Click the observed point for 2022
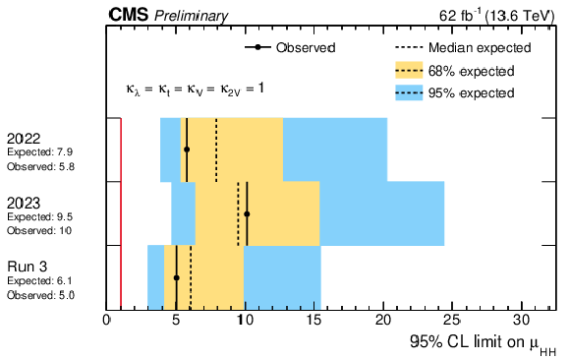187,150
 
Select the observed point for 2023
247,214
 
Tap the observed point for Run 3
176,277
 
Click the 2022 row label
24,139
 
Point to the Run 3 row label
28,267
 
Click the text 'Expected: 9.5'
40,217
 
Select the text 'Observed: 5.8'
40,166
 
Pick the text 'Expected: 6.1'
39,281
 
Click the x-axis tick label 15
314,321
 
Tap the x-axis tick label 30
522,321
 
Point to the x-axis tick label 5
176,321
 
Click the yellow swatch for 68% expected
409,70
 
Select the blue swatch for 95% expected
409,92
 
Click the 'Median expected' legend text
480,47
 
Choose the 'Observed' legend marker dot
258,47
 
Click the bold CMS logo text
129,16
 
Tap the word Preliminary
192,16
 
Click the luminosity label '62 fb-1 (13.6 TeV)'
497,16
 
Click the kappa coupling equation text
196,90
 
